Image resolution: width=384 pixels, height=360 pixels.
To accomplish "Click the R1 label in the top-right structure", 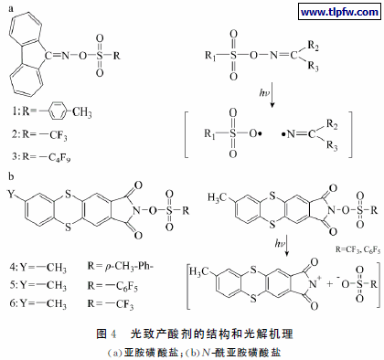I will (x=212, y=53).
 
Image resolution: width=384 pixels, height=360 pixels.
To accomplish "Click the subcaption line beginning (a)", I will (x=192, y=347).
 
